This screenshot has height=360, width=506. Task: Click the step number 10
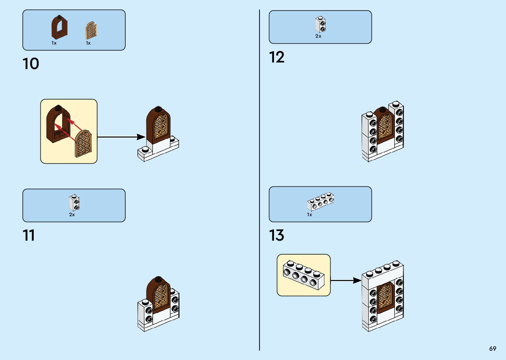click(31, 64)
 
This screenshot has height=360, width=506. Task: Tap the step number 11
click(29, 235)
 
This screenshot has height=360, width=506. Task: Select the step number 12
click(277, 57)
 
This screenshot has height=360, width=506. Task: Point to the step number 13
click(277, 235)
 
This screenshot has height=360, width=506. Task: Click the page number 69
click(492, 348)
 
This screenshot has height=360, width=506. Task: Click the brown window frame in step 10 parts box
click(59, 27)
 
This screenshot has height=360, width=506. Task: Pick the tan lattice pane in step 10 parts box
click(91, 30)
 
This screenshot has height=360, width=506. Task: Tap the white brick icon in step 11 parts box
click(74, 203)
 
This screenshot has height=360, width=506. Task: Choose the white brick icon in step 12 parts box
click(320, 24)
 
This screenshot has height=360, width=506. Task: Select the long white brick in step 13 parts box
click(320, 201)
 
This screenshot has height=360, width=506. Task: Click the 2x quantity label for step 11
click(72, 215)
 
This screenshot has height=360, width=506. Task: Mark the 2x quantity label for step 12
click(318, 36)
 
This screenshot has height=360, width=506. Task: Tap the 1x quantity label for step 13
click(309, 215)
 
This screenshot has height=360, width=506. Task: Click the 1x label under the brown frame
click(54, 43)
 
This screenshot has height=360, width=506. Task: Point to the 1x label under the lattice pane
click(88, 43)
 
